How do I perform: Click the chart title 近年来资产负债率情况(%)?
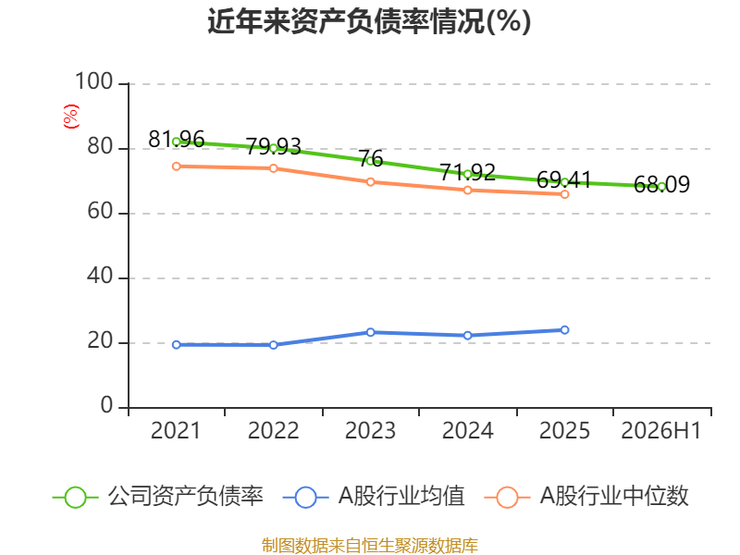tap(369, 21)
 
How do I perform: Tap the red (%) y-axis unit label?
tap(71, 117)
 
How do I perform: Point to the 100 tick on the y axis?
tap(94, 81)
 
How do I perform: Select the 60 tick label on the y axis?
tap(100, 212)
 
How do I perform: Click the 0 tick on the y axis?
tap(106, 405)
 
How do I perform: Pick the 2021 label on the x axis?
tap(176, 431)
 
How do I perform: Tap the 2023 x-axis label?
tap(370, 431)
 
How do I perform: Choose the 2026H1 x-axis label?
tap(661, 431)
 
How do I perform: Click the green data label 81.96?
tap(176, 140)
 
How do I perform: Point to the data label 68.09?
tap(661, 184)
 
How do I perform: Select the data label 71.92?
tap(468, 172)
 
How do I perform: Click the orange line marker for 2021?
tap(177, 166)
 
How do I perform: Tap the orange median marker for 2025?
tap(564, 194)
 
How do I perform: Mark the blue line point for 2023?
tap(371, 332)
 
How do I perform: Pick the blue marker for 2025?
tap(564, 330)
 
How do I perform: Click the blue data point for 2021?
tap(177, 345)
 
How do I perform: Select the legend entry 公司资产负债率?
tap(157, 497)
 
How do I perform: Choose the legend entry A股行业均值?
tap(374, 497)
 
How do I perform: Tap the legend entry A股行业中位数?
tap(586, 497)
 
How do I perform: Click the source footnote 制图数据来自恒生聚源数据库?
tap(370, 546)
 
